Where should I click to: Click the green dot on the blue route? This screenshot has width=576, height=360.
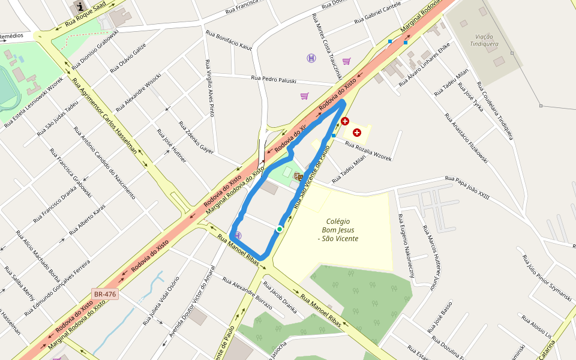point(280,229)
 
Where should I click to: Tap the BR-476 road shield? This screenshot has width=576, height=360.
point(104,294)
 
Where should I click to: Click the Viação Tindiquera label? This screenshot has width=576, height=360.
point(484,40)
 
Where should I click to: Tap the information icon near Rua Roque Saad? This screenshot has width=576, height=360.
point(80,7)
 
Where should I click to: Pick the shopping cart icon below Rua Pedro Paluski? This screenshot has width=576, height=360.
point(304,96)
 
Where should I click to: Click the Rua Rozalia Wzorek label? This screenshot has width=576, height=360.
point(368,150)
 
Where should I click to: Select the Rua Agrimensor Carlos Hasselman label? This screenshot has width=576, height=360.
point(105,115)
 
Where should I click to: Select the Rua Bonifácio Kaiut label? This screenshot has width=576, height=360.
point(229,40)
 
